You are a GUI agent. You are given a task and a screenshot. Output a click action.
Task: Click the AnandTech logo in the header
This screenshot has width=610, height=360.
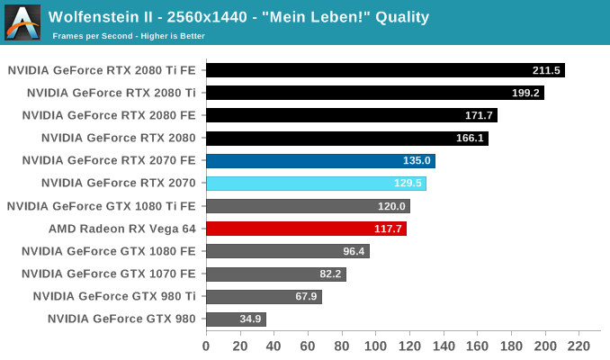coord(22,22)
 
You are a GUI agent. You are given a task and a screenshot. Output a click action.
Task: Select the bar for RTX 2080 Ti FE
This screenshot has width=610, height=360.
coord(385,70)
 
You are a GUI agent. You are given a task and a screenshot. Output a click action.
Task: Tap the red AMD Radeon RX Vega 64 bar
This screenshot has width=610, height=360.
coord(306,229)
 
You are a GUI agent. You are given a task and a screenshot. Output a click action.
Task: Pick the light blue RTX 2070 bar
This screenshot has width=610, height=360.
coord(316,184)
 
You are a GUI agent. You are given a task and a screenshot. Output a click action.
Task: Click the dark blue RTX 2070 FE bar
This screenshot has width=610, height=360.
coord(320,161)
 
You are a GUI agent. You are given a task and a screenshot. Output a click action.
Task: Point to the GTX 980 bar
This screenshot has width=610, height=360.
coord(236,319)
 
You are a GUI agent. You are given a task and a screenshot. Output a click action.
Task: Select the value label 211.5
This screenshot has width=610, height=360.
coord(546,70)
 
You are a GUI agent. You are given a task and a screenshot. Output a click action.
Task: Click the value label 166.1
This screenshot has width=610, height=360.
coord(470,139)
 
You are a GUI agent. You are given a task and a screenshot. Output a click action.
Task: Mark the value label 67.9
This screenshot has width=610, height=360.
coord(303,296)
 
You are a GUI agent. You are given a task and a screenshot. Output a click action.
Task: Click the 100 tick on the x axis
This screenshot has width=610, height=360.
coord(375,345)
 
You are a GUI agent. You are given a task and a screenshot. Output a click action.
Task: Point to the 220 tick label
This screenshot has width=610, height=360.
coord(579,345)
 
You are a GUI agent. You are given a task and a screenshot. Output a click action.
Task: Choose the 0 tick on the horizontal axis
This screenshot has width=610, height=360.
coord(206,345)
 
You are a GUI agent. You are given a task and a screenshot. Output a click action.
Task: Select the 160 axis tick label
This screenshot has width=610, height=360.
coord(477,345)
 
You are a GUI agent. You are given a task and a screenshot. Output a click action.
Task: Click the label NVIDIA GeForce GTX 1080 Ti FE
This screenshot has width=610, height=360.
coord(101,206)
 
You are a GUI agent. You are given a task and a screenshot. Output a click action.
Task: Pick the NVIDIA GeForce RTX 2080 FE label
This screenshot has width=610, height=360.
coord(109,115)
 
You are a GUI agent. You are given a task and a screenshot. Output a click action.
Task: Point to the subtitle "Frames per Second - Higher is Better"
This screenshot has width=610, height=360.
coord(129,36)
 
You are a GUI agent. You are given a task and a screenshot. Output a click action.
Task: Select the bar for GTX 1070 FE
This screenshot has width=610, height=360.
coord(276,274)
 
